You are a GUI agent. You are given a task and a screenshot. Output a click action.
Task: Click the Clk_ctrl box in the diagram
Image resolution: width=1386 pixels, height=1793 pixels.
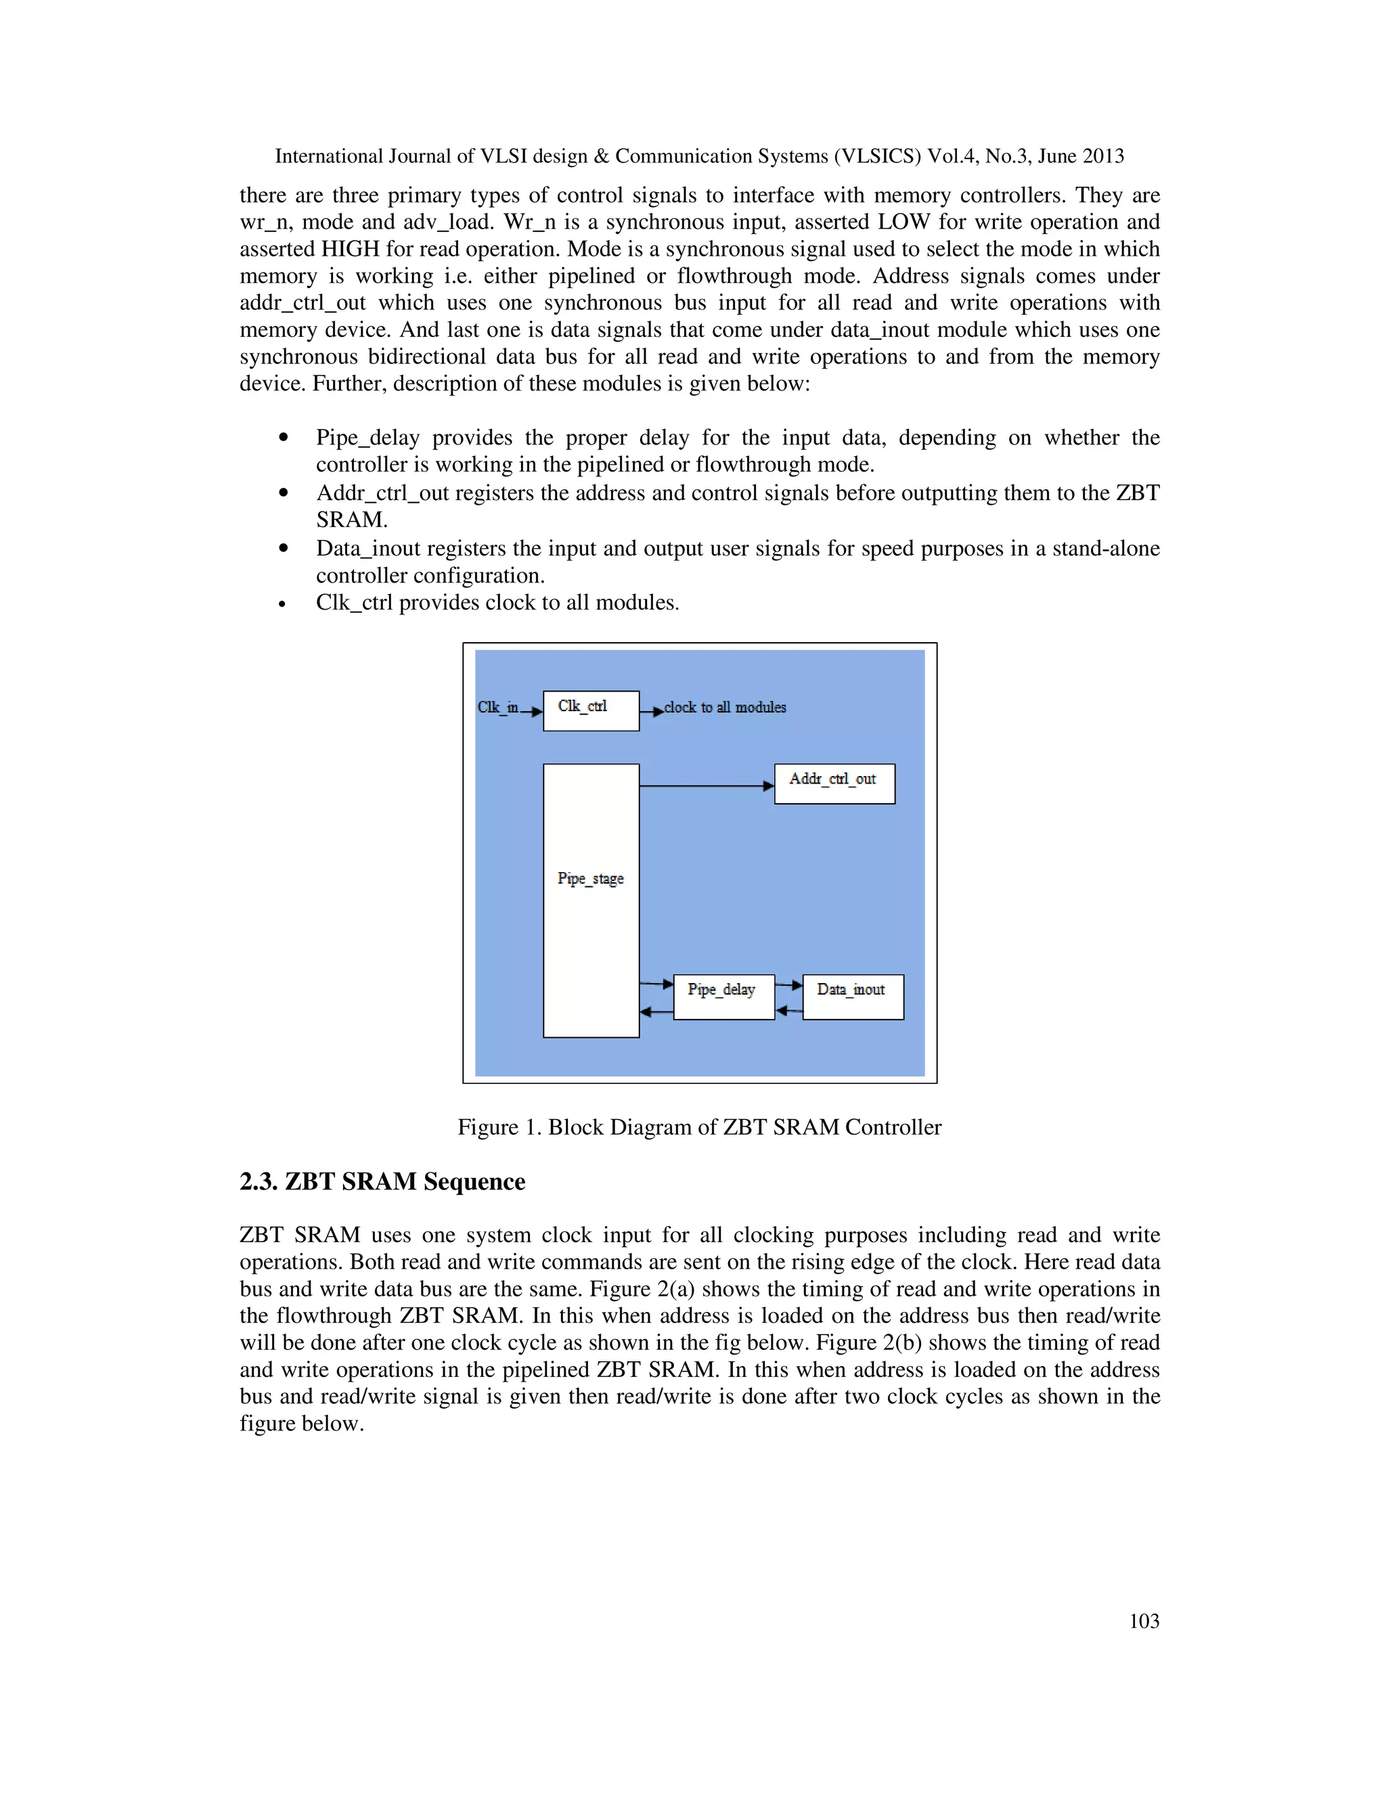pos(590,710)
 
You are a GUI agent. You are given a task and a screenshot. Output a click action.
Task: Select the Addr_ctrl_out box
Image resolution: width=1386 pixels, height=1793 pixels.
pos(834,784)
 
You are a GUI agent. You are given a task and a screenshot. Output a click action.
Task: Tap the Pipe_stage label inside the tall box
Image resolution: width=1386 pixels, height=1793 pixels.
pos(590,878)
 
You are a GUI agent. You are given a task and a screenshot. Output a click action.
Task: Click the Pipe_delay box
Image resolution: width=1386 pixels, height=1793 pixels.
pos(723,997)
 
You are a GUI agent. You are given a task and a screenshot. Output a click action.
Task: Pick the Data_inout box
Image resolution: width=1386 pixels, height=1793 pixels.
pos(852,997)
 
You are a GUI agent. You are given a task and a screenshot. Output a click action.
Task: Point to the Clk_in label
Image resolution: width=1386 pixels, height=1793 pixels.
pos(497,707)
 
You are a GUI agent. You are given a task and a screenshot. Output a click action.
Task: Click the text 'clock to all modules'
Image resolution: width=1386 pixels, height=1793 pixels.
pos(724,707)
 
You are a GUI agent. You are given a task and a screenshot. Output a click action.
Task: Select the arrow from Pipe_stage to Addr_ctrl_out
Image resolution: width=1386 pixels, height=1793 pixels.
pos(706,786)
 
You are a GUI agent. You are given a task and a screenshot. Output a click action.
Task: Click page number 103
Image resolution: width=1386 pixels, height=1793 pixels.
pos(1143,1620)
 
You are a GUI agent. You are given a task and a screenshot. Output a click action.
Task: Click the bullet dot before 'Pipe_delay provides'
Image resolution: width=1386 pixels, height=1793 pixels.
pos(284,438)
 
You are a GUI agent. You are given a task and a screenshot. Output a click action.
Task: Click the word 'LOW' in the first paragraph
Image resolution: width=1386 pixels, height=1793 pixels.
pos(903,222)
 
